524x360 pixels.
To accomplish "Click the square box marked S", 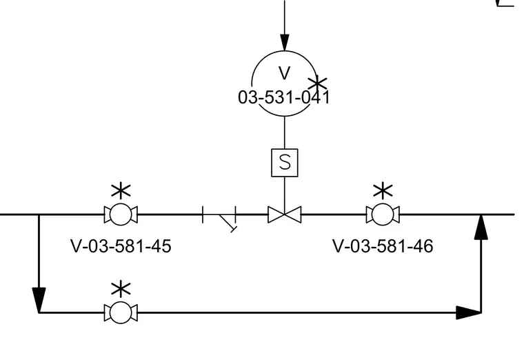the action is [284, 163].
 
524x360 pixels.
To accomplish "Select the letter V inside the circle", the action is [284, 73].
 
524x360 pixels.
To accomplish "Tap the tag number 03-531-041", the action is [284, 98].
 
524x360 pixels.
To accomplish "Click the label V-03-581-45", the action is [121, 246].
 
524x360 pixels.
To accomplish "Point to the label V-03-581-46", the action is [383, 246].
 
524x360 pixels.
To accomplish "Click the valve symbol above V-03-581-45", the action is [121, 214].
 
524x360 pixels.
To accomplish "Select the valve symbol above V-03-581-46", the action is [383, 214].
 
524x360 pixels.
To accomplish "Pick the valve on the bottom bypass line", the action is [121, 312].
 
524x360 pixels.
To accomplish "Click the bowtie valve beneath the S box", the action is [284, 214].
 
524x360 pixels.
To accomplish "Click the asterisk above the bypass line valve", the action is [121, 290].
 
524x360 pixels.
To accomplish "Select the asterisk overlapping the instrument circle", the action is [317, 84].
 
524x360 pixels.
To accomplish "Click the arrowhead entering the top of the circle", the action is [284, 42].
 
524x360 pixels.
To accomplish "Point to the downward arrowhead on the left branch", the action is [39, 300].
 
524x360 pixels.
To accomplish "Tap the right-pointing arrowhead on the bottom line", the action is [469, 312].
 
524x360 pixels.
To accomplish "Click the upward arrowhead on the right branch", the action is [481, 227].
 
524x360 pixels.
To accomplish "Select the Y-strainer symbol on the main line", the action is [219, 217].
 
